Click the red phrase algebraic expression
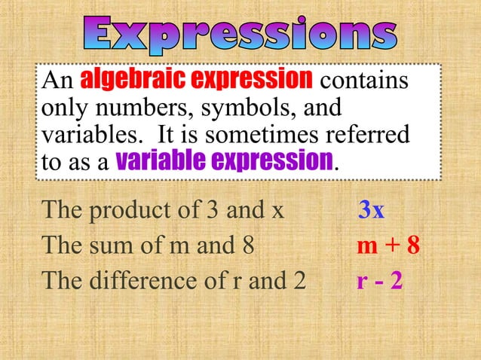pos(196,80)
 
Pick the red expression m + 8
pos(388,246)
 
